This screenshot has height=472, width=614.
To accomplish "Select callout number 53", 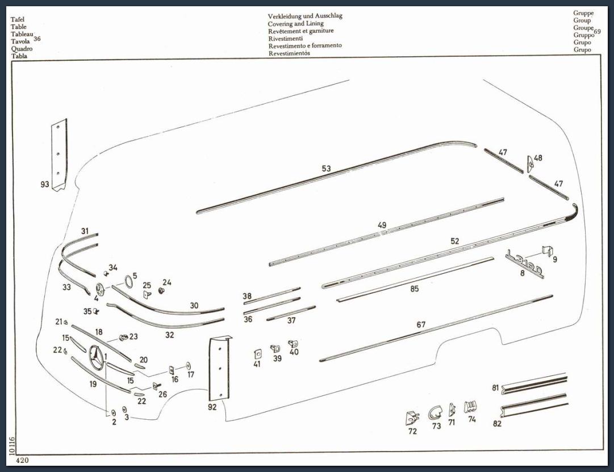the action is pyautogui.click(x=326, y=168).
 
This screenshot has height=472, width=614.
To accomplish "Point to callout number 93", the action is pyautogui.click(x=45, y=184).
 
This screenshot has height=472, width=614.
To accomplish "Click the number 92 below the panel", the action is pyautogui.click(x=212, y=407).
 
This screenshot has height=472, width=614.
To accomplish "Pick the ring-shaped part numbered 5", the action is pyautogui.click(x=128, y=281).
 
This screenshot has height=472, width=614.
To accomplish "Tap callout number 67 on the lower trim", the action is pyautogui.click(x=420, y=324).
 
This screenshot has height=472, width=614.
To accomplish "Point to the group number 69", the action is pyautogui.click(x=597, y=31).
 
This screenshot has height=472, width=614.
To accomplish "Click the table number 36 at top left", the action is pyautogui.click(x=37, y=39).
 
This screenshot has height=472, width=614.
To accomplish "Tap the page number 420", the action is pyautogui.click(x=22, y=460).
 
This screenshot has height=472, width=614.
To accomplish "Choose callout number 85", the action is pyautogui.click(x=414, y=289).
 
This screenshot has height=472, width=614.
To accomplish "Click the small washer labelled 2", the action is pyautogui.click(x=114, y=413).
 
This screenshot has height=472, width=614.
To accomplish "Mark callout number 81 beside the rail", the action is pyautogui.click(x=495, y=387).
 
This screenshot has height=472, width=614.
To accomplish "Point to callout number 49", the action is pyautogui.click(x=382, y=225).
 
